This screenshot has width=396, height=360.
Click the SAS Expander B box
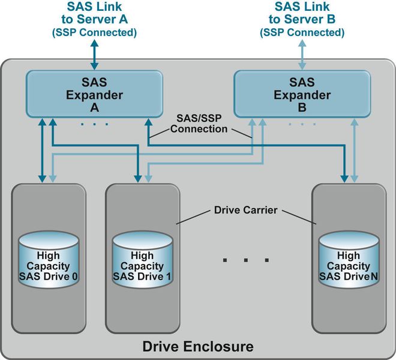(302, 95)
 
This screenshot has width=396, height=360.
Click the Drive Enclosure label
(197, 346)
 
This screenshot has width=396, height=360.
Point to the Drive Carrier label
(246, 211)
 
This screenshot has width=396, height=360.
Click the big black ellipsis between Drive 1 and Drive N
(245, 260)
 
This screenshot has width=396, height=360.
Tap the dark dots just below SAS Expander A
(94, 124)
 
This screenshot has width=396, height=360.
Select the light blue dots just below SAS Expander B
(302, 124)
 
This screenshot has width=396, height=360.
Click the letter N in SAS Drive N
(374, 276)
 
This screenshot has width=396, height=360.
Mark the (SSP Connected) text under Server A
(94, 32)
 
